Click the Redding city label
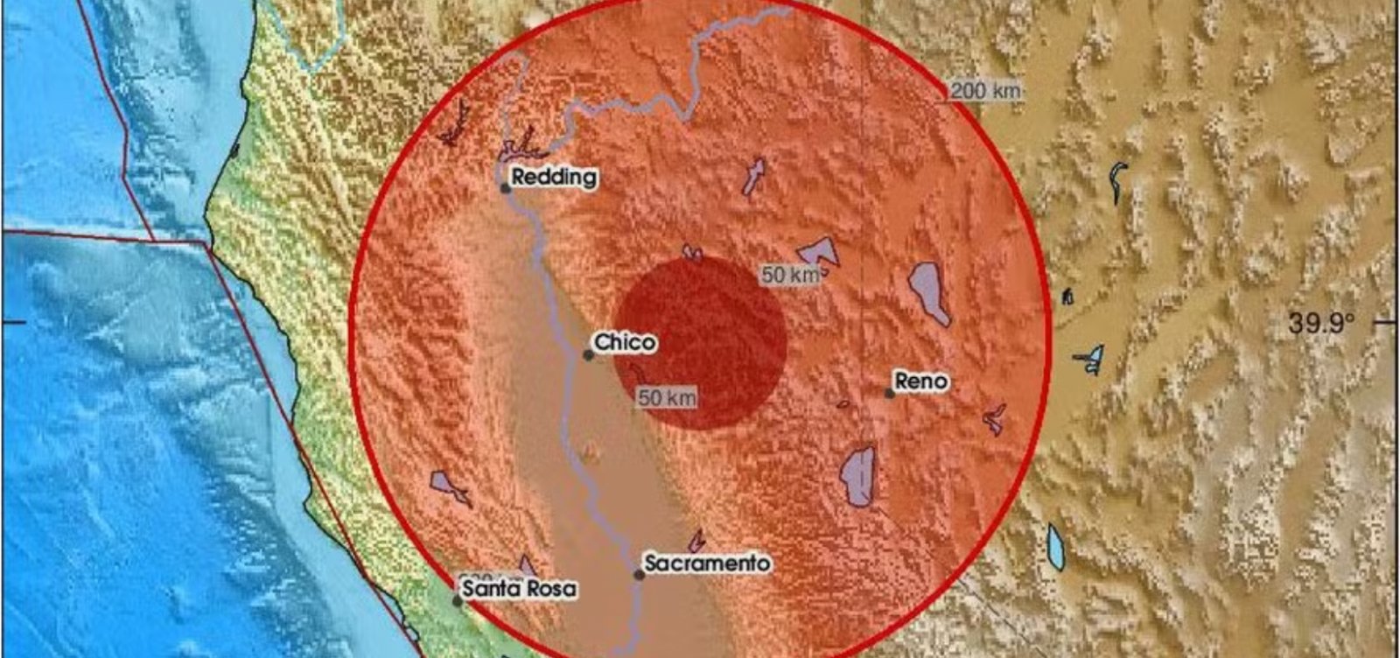tap(554, 178)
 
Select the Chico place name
tap(625, 342)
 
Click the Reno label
tap(920, 381)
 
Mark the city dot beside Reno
tap(890, 394)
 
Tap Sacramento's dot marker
tap(639, 575)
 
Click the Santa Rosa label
tap(520, 589)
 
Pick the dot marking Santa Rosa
tap(457, 600)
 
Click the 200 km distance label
tap(986, 90)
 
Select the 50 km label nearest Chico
tap(668, 398)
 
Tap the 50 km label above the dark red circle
tap(790, 275)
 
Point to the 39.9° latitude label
tap(1320, 324)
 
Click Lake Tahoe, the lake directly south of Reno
tap(858, 476)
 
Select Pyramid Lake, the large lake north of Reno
tap(927, 291)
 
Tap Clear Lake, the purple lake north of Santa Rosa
tap(447, 485)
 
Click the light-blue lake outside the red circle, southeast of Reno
tap(1056, 547)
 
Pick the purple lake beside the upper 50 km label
tap(821, 253)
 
